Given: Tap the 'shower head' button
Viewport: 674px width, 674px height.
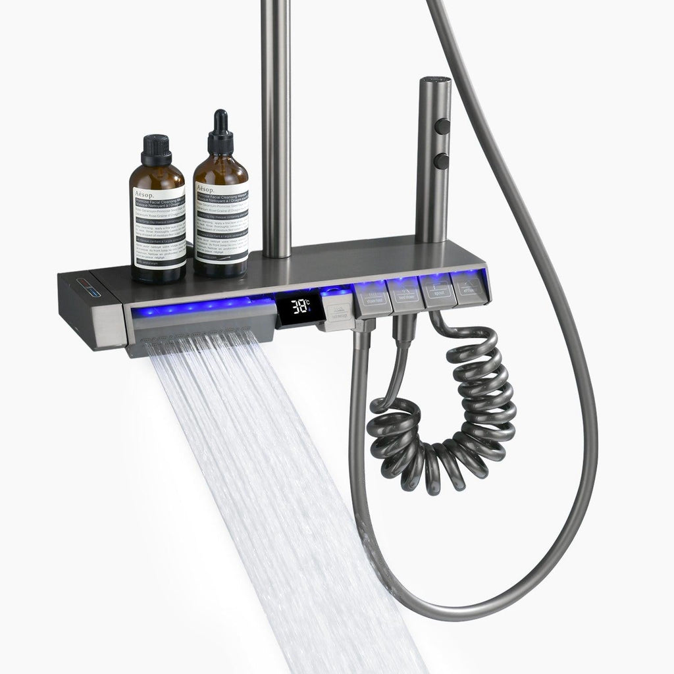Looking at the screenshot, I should tap(372, 296).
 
